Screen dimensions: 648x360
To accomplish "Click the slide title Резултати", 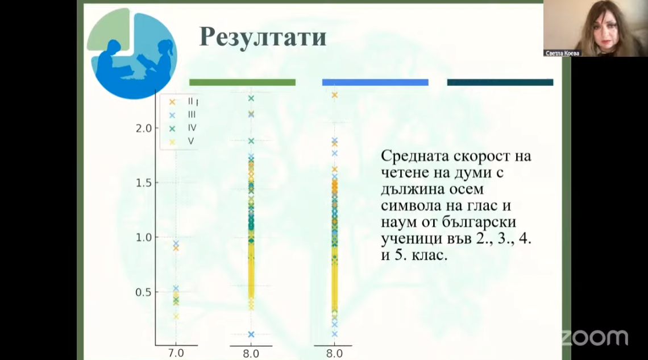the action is (x=263, y=37).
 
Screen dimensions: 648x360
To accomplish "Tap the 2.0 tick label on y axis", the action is (x=144, y=129).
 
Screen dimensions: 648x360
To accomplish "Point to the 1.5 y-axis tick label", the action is (x=144, y=183).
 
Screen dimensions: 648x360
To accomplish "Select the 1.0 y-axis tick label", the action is (x=144, y=238).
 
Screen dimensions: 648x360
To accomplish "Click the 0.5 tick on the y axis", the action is (x=144, y=292).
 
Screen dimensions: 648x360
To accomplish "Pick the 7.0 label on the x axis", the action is (x=176, y=353).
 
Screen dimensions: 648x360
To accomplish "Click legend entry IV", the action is (x=192, y=128).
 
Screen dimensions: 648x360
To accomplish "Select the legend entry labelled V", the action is (x=191, y=142).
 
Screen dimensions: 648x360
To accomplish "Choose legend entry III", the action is (x=192, y=114).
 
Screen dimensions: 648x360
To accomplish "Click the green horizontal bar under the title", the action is (x=242, y=82).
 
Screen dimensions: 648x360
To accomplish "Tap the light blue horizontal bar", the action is (x=375, y=82).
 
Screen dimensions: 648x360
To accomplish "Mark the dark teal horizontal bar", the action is (x=500, y=82).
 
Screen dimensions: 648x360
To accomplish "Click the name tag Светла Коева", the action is (x=563, y=53).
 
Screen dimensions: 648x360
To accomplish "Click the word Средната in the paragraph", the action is (x=414, y=156).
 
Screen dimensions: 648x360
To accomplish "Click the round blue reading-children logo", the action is (x=132, y=53).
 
